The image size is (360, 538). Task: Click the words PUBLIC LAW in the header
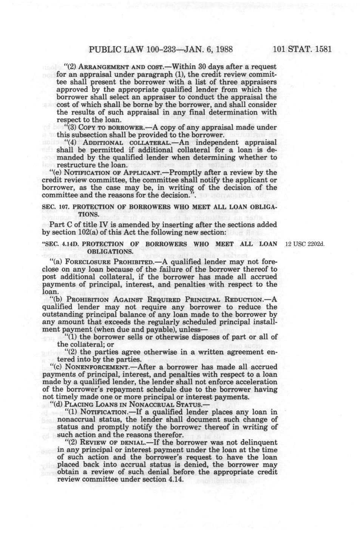[114, 49]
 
